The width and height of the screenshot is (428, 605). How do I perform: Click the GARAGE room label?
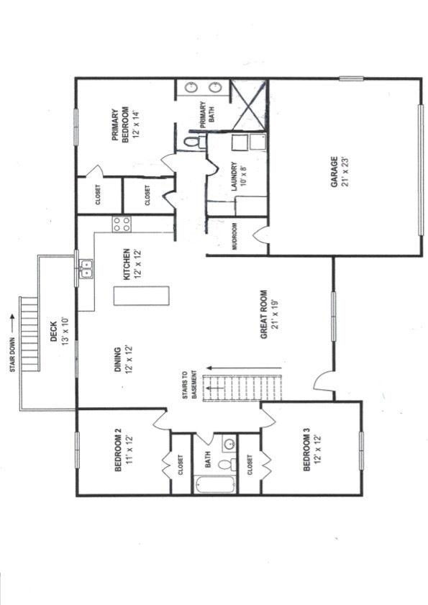(x=334, y=172)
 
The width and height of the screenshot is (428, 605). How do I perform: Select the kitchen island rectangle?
(x=141, y=296)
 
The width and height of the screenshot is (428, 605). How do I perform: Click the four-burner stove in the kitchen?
(x=122, y=224)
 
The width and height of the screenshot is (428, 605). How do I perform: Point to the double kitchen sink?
(x=86, y=269)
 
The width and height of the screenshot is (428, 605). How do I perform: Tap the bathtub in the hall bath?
(x=216, y=484)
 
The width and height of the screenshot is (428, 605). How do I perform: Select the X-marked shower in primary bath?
(x=250, y=104)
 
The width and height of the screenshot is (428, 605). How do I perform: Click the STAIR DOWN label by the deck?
(x=13, y=355)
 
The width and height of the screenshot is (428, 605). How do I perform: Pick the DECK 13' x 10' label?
(x=59, y=332)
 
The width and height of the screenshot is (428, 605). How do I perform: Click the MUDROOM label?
(x=235, y=237)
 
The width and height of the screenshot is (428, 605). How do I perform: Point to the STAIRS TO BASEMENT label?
(x=189, y=385)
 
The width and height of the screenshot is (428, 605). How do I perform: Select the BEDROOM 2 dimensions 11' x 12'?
(x=129, y=450)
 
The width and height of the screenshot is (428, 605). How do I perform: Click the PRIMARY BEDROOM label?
(x=120, y=125)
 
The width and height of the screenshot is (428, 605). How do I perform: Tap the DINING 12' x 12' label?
(x=123, y=359)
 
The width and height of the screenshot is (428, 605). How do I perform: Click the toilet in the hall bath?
(x=227, y=464)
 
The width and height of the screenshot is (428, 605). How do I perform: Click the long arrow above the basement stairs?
(x=245, y=368)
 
